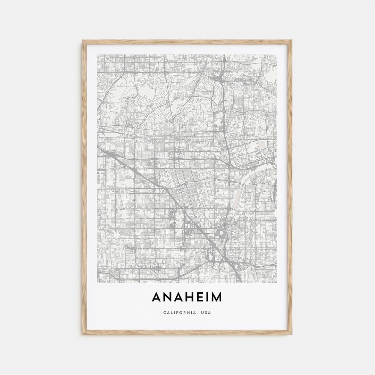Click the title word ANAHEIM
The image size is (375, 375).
point(187,297)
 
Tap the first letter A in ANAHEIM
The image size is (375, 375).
point(157,297)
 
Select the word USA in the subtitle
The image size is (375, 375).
point(206,312)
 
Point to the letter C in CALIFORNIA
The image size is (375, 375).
point(164,312)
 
